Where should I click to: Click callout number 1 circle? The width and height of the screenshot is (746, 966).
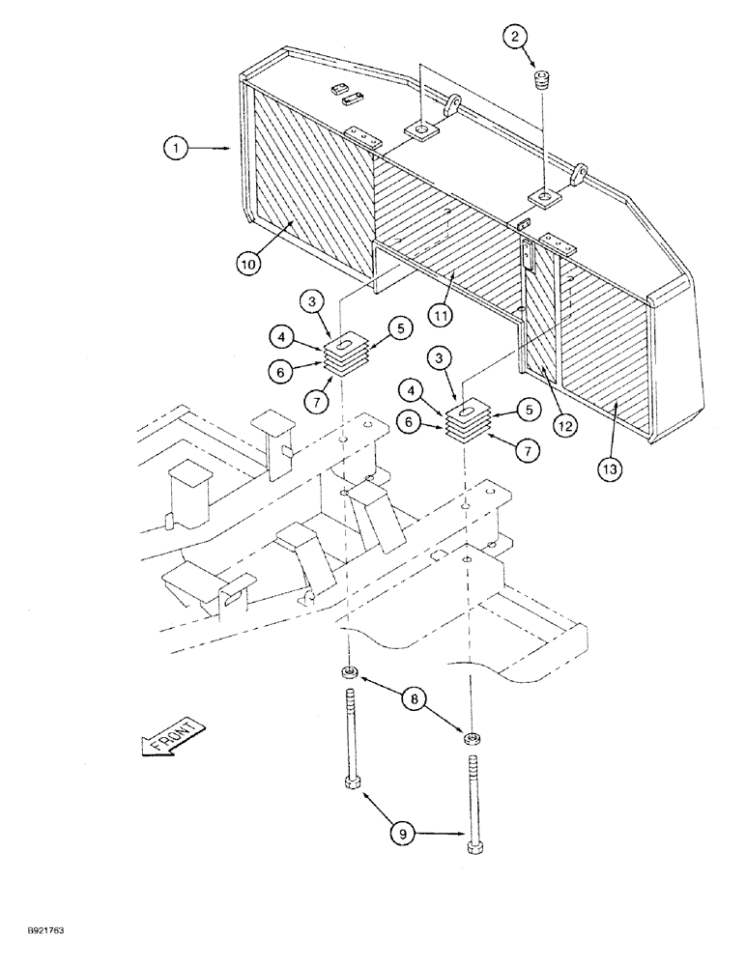coord(174,149)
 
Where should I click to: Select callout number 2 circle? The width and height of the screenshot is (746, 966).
coord(515,38)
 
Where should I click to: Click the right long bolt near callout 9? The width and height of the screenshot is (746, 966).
coord(473,804)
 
